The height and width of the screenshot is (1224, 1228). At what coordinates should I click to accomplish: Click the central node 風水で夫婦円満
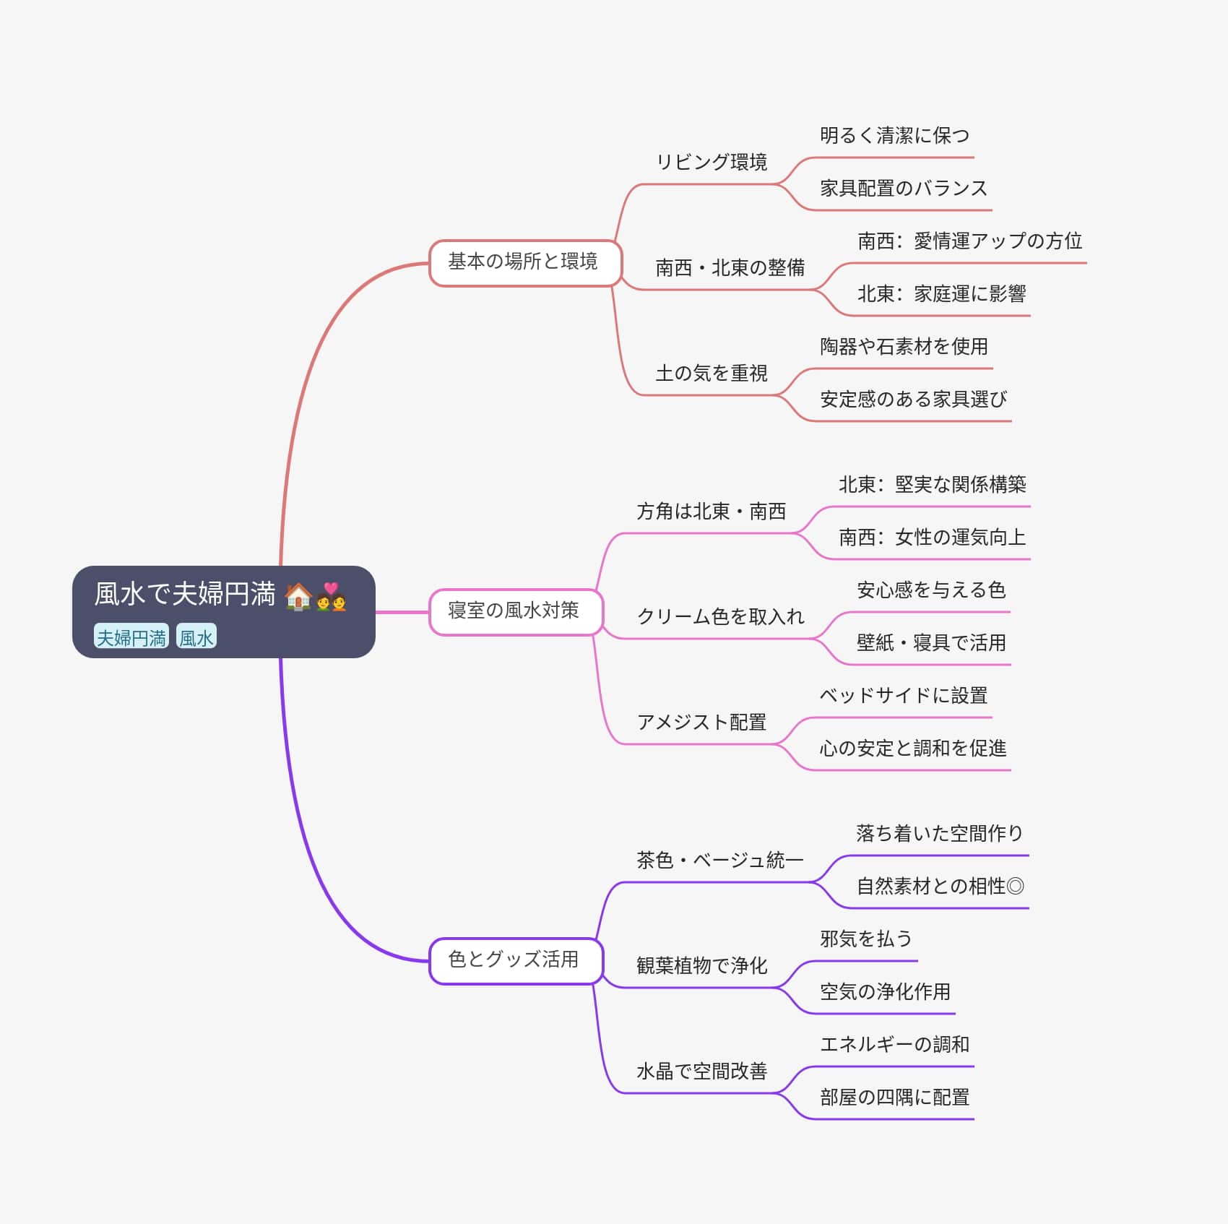pos(185,594)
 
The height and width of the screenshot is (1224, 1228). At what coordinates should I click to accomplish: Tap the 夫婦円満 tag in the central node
pos(131,637)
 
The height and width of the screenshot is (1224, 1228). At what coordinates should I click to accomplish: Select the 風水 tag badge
pos(196,637)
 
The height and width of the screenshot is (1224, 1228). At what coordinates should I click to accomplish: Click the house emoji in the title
pos(298,597)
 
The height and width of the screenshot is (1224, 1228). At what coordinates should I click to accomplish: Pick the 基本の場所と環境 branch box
pos(524,262)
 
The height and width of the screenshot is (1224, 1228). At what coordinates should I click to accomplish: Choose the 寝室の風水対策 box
pos(514,611)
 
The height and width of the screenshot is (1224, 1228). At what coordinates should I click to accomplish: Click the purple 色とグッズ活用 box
pos(514,960)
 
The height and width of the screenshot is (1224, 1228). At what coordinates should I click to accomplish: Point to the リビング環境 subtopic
pos(712,162)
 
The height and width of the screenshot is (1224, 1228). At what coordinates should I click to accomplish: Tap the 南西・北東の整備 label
pos(730,268)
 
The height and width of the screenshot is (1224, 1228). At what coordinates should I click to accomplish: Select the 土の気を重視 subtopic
pos(712,374)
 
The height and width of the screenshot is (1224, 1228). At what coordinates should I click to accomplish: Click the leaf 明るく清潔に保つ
pos(894,136)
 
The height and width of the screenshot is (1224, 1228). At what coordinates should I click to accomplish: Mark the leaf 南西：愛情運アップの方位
pos(969,241)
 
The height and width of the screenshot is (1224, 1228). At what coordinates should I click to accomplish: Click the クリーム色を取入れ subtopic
pos(720,617)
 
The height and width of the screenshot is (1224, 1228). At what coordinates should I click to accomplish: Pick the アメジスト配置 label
pos(701,723)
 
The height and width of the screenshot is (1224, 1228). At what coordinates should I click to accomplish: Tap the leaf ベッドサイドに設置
pos(903,696)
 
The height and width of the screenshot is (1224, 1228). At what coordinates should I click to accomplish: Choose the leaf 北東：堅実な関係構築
pos(932,485)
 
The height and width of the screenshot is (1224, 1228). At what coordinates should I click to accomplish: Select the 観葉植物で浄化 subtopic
pos(701,966)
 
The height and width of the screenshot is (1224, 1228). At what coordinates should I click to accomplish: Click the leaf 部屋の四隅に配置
pos(894,1098)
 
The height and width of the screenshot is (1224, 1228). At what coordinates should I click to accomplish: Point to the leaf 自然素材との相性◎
pos(940,887)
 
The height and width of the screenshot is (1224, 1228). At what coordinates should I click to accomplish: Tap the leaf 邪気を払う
pos(866,939)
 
